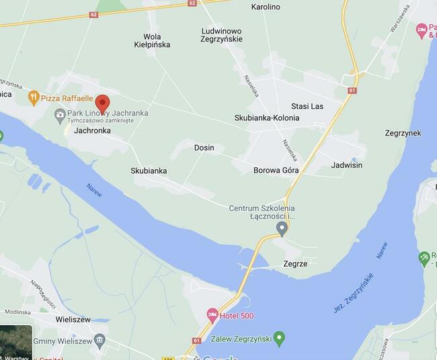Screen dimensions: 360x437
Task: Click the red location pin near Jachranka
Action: pyautogui.click(x=102, y=103)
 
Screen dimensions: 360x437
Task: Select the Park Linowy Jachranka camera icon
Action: pyautogui.click(x=60, y=114)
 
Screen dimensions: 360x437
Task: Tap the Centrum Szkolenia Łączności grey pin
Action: pyautogui.click(x=282, y=229)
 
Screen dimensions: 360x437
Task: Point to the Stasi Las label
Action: pyautogui.click(x=307, y=106)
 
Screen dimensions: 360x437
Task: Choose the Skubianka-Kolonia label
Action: pyautogui.click(x=267, y=118)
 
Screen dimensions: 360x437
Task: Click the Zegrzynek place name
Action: pyautogui.click(x=403, y=133)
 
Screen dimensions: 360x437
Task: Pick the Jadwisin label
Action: pyautogui.click(x=347, y=165)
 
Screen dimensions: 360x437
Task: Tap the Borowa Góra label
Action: pyautogui.click(x=276, y=171)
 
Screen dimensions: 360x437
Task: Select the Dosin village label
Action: pyautogui.click(x=204, y=148)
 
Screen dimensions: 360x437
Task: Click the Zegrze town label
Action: pyautogui.click(x=296, y=264)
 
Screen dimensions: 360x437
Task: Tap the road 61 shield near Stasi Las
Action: pyautogui.click(x=352, y=90)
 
